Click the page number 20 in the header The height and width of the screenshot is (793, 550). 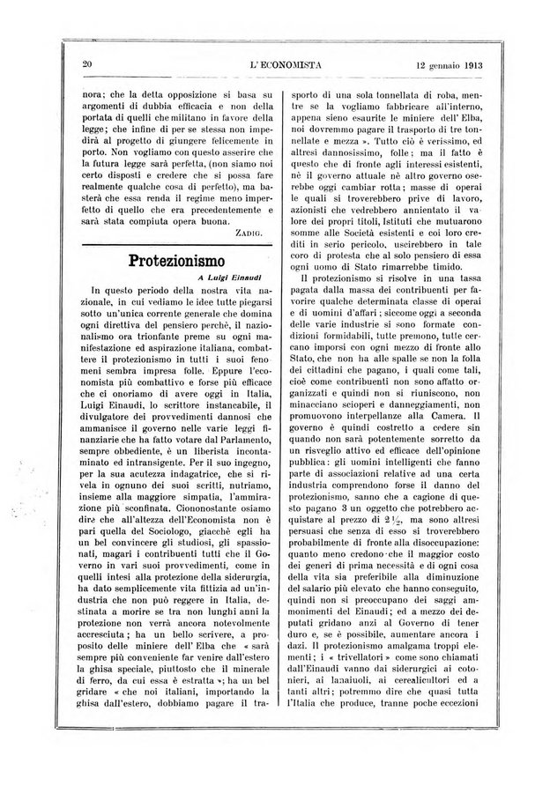87,63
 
